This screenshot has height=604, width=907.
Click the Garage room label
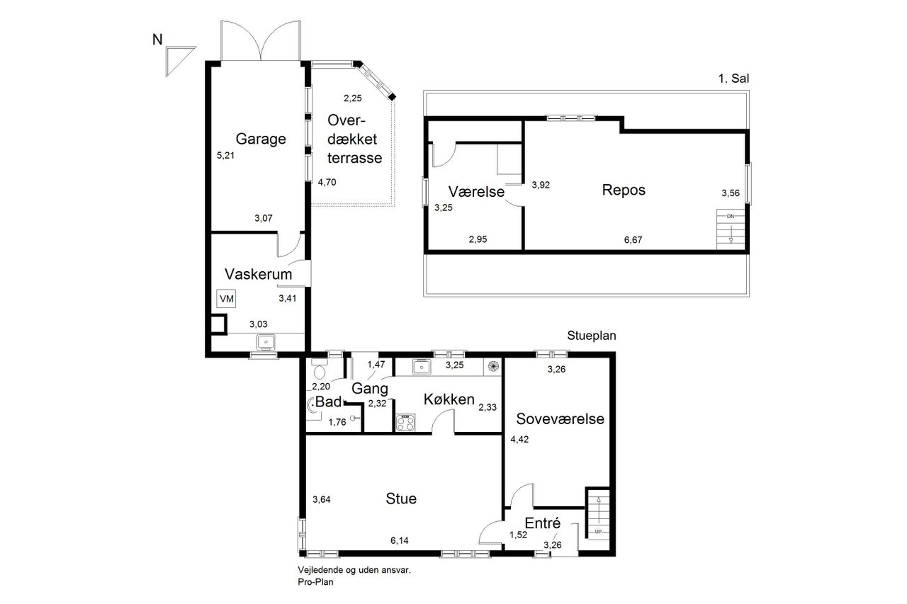(x=261, y=139)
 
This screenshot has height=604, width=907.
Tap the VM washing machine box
(x=226, y=299)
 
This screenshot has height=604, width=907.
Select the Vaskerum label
(x=259, y=274)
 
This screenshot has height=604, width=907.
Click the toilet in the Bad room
(x=320, y=370)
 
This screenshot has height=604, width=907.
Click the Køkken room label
(x=449, y=399)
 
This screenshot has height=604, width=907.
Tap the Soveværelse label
(x=560, y=419)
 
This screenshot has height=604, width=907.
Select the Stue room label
(x=401, y=498)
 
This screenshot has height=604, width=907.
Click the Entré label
(x=543, y=523)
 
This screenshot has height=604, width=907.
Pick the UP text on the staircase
(x=598, y=532)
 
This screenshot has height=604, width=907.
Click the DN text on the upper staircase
(x=731, y=217)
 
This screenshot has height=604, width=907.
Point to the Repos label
(x=624, y=190)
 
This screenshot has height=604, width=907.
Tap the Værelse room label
(x=477, y=192)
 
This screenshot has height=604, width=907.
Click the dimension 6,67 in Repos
(x=633, y=240)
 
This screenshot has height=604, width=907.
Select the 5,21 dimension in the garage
(x=225, y=155)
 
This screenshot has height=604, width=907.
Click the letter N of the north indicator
(x=157, y=40)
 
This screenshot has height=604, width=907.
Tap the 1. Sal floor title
(x=733, y=79)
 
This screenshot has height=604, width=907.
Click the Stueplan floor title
(x=592, y=336)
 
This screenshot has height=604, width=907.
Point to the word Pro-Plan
(x=315, y=582)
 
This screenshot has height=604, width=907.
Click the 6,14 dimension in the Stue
(x=399, y=540)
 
